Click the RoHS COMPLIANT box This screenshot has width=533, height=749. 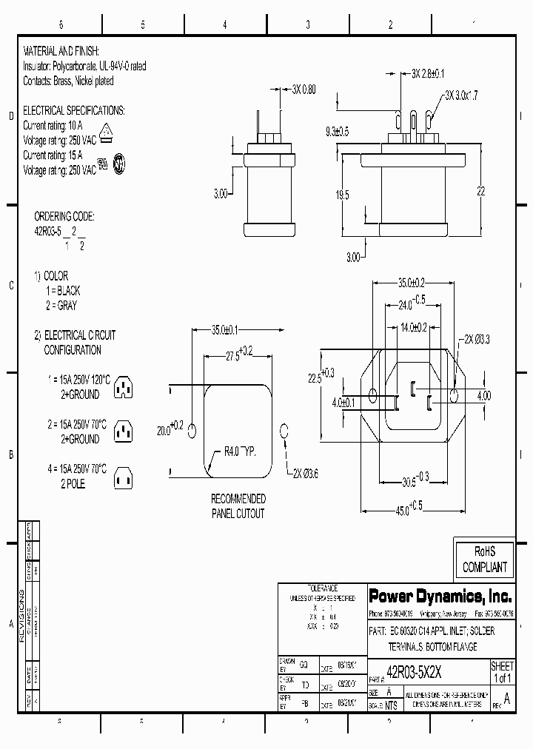(485, 560)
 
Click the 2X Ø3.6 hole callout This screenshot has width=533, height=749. (306, 473)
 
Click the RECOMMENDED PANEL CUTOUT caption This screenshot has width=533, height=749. (238, 506)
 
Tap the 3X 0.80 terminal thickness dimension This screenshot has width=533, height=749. (304, 89)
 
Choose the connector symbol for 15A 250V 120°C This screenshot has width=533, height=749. (124, 386)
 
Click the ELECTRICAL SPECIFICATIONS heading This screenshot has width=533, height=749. (74, 110)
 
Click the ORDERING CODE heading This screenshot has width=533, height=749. (64, 216)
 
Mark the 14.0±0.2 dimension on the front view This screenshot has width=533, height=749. (415, 326)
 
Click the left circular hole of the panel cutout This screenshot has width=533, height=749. (192, 430)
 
